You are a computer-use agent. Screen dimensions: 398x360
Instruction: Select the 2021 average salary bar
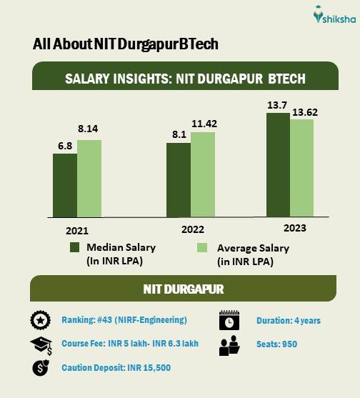coord(89,178)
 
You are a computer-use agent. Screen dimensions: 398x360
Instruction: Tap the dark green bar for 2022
coord(179,179)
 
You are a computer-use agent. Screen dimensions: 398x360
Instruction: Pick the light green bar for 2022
coord(203,174)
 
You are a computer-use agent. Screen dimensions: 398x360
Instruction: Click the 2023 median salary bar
coord(278,164)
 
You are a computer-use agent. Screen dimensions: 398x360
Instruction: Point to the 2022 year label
coord(192,229)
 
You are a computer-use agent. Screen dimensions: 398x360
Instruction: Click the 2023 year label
coord(294,228)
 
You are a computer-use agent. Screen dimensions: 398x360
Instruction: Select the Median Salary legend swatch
coord(76,248)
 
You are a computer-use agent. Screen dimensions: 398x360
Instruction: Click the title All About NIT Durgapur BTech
coord(125,44)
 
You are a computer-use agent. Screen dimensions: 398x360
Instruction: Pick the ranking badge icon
coord(39,320)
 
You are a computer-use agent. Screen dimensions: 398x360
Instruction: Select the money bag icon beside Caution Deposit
coord(39,368)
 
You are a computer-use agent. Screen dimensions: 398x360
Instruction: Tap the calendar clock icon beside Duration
coord(229,320)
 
